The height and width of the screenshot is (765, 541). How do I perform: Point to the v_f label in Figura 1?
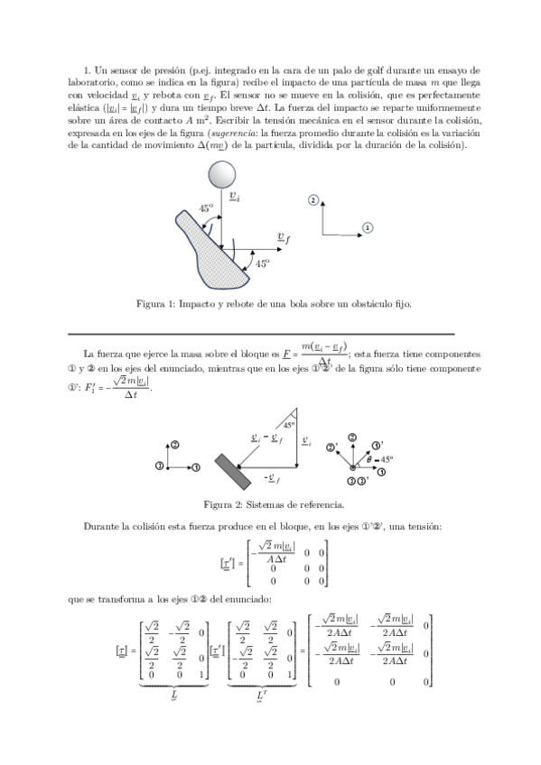[283, 237]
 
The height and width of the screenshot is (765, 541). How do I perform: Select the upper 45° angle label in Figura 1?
[206, 208]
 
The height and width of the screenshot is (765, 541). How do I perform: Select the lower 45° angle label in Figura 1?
[262, 264]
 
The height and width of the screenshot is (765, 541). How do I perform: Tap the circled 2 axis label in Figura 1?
[312, 200]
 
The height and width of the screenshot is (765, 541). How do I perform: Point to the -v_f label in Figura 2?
[270, 475]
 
